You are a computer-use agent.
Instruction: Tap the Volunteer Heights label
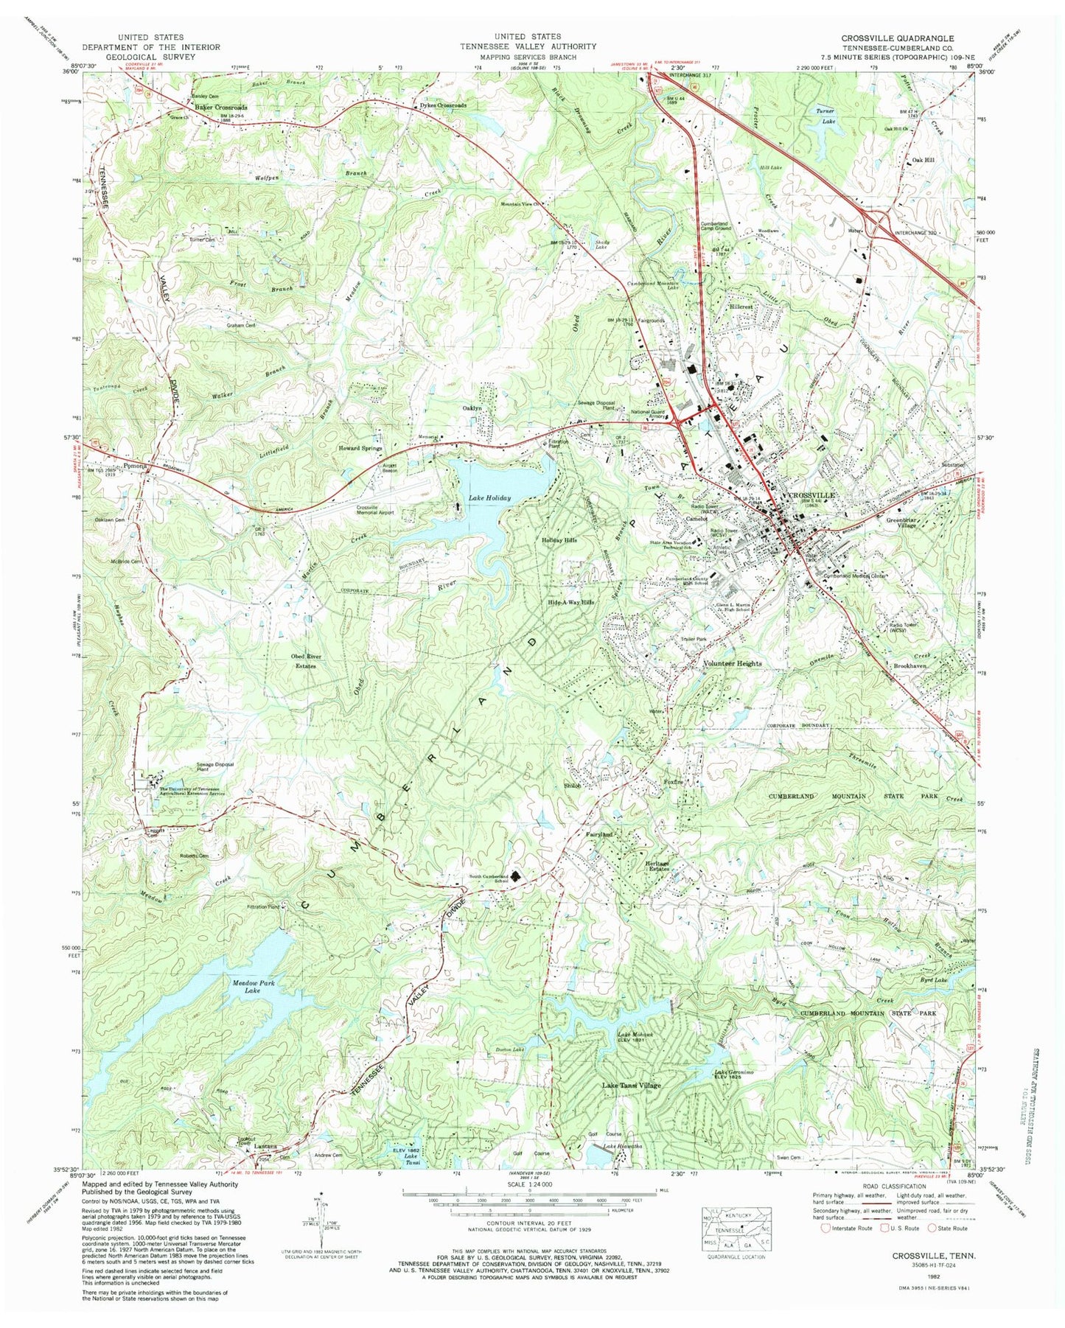pos(732,663)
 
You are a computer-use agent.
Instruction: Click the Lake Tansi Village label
pos(632,1086)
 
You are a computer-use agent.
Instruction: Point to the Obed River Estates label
pos(303,661)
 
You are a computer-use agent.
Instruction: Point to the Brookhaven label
pos(909,665)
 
